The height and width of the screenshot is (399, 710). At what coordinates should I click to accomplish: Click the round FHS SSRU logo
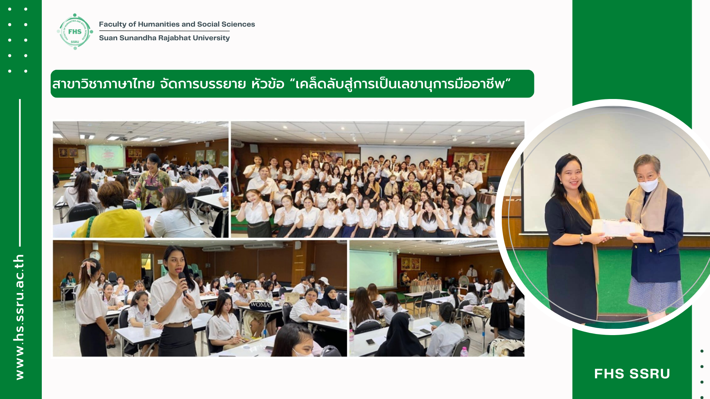pyautogui.click(x=75, y=32)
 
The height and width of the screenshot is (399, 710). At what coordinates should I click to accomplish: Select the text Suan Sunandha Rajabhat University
pyautogui.click(x=164, y=38)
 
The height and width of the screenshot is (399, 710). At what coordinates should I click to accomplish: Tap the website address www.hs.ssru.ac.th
pyautogui.click(x=19, y=317)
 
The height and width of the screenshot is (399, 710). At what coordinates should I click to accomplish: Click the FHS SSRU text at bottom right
pyautogui.click(x=632, y=374)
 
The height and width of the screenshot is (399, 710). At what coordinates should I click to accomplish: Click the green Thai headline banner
pyautogui.click(x=292, y=84)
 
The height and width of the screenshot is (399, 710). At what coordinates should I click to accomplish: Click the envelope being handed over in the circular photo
pyautogui.click(x=616, y=228)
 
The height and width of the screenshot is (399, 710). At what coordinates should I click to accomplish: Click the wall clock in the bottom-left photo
pyautogui.click(x=95, y=255)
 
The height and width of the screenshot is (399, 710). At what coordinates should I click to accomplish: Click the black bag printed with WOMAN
pyautogui.click(x=261, y=305)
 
